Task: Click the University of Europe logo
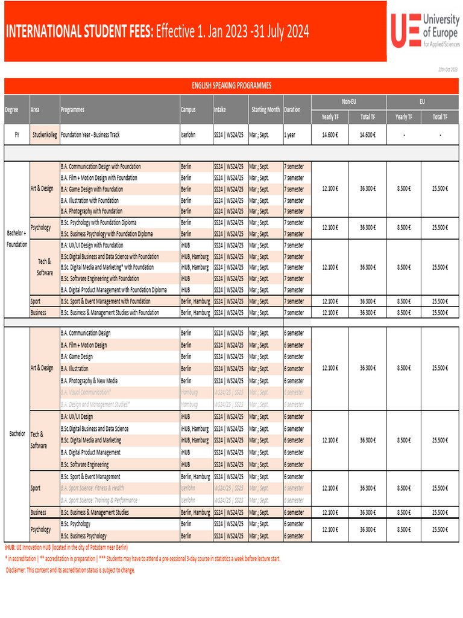[424, 31]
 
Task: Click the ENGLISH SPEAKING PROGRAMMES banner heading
[231, 86]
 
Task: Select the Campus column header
[188, 110]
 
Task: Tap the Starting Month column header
[265, 110]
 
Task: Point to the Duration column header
[292, 110]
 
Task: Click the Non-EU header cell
[348, 102]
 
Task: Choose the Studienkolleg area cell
[45, 135]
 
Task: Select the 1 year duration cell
[290, 135]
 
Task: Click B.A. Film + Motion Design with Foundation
[99, 178]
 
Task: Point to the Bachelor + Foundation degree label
[17, 239]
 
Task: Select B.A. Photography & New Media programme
[89, 381]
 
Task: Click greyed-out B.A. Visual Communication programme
[86, 392]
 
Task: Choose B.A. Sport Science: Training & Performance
[99, 500]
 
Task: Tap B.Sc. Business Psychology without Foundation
[84, 536]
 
